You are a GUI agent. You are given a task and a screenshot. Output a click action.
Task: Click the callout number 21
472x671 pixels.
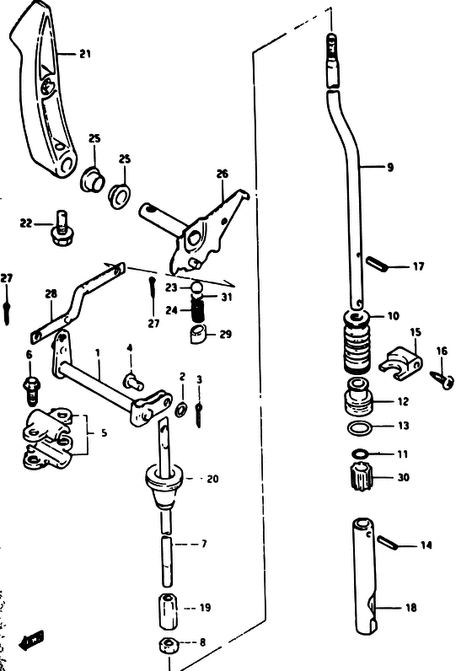(x=85, y=54)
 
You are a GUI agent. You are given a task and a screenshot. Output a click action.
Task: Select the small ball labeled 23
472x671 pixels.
(x=196, y=288)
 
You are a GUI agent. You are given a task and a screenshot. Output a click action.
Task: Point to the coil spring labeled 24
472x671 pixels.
(x=197, y=310)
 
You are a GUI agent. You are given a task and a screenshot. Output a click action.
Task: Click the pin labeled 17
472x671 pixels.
(x=376, y=263)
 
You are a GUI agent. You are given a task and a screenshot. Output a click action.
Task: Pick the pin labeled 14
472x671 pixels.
(x=386, y=542)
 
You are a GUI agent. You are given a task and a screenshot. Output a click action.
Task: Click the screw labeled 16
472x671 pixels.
(x=442, y=380)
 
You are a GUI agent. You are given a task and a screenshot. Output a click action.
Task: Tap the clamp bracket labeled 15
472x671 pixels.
(x=401, y=363)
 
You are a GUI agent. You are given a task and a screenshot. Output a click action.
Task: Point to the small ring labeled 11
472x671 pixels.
(x=360, y=454)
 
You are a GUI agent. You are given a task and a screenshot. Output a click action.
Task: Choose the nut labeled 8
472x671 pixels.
(x=169, y=645)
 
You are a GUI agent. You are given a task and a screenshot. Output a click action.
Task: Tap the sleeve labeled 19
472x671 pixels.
(x=169, y=610)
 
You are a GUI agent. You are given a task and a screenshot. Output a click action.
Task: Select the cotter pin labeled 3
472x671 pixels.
(x=199, y=414)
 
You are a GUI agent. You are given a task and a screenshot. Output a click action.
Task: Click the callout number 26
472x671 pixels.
(x=222, y=174)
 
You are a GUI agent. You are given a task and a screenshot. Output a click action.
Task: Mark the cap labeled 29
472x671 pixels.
(x=198, y=334)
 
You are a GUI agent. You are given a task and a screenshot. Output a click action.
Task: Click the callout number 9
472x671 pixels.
(x=390, y=167)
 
